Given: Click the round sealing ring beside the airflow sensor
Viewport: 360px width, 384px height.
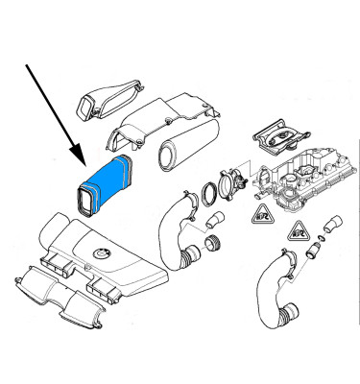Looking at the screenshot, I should [209, 196].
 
